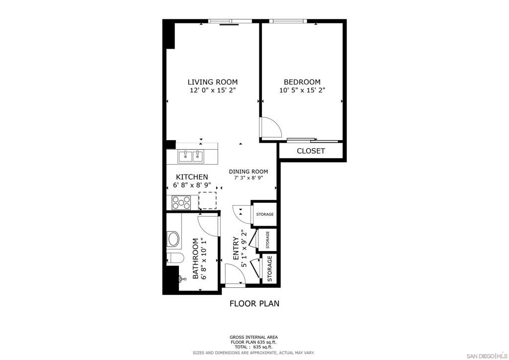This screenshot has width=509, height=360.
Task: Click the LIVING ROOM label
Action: pyautogui.click(x=213, y=82)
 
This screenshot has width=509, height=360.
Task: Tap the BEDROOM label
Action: pyautogui.click(x=302, y=82)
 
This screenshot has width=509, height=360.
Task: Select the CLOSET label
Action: pyautogui.click(x=311, y=151)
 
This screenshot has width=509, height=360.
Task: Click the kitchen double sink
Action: pyautogui.click(x=190, y=157)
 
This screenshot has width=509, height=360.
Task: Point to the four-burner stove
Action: pyautogui.click(x=181, y=202)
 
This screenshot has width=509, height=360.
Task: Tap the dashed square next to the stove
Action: pyautogui.click(x=207, y=200)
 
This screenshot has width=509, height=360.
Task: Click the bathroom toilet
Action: pyautogui.click(x=175, y=258)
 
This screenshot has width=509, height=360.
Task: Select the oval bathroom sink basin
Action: pyautogui.click(x=172, y=240)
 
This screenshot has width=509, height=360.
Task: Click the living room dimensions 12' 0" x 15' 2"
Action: pyautogui.click(x=213, y=90)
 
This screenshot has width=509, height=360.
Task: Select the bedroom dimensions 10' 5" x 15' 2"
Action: pyautogui.click(x=302, y=90)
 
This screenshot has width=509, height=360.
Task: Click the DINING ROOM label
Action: pyautogui.click(x=249, y=172)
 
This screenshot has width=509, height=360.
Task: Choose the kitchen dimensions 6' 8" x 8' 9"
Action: pyautogui.click(x=192, y=185)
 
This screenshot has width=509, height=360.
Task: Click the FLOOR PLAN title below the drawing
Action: pyautogui.click(x=254, y=303)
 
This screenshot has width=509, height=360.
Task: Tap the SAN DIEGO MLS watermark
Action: pyautogui.click(x=487, y=355)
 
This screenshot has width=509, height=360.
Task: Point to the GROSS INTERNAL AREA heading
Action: pyautogui.click(x=254, y=337)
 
